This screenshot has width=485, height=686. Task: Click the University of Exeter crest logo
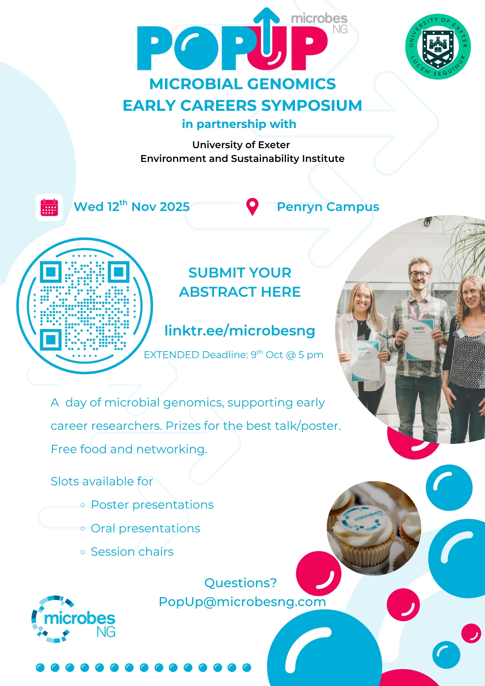tap(438, 47)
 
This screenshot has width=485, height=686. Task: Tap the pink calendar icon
tap(49, 207)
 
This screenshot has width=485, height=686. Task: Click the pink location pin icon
tap(252, 207)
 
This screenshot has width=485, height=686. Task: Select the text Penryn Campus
tap(328, 207)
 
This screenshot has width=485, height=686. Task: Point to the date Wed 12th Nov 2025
tap(132, 206)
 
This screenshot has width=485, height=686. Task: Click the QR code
tap(85, 306)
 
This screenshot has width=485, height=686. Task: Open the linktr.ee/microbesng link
tap(240, 330)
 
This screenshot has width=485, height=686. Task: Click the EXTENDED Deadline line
tap(234, 354)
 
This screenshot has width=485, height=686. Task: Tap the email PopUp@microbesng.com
tap(242, 602)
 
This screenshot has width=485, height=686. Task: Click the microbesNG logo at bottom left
tap(73, 619)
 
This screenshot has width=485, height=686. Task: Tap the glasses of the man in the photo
tap(419, 274)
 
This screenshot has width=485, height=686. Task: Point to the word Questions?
tap(240, 583)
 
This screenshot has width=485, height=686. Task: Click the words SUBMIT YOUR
tap(240, 273)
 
